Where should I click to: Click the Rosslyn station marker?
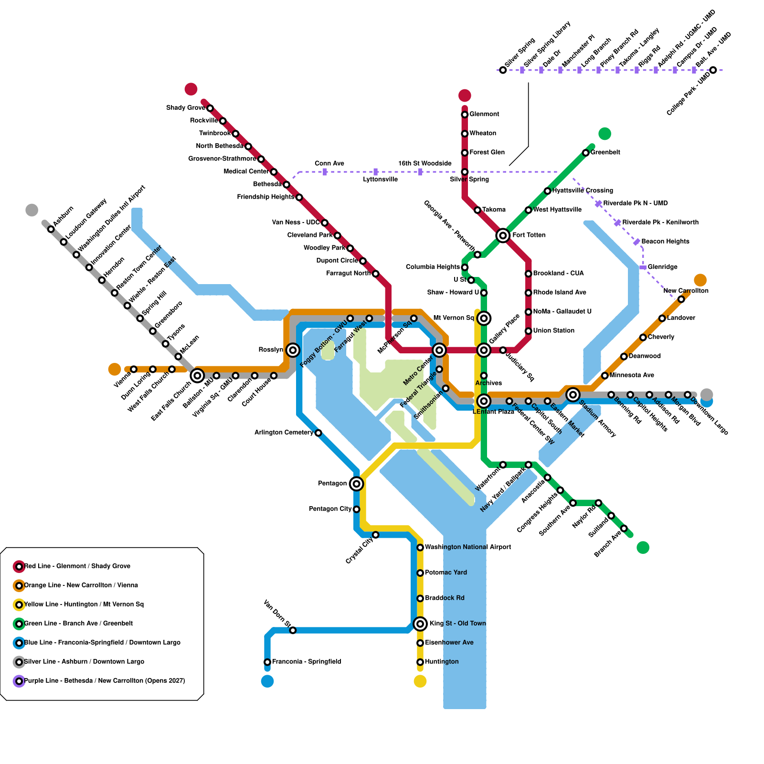pyautogui.click(x=293, y=350)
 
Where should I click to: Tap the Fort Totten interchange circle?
pyautogui.click(x=502, y=235)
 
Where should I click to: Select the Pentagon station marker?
pyautogui.click(x=356, y=484)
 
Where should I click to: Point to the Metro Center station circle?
pyautogui.click(x=439, y=350)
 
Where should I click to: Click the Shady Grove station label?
pyautogui.click(x=186, y=108)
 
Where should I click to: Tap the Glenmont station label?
pyautogui.click(x=484, y=114)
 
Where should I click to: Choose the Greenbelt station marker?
pyautogui.click(x=585, y=153)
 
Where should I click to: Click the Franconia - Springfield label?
pyautogui.click(x=306, y=662)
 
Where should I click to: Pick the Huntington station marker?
pyautogui.click(x=420, y=662)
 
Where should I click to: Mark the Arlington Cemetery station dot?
pyautogui.click(x=318, y=433)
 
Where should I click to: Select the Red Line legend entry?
pyautogui.click(x=77, y=566)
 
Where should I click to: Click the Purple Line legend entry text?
pyautogui.click(x=104, y=681)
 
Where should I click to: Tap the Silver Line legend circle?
pyautogui.click(x=19, y=662)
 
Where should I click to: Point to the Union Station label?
pyautogui.click(x=553, y=330)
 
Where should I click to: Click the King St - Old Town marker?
pyautogui.click(x=420, y=624)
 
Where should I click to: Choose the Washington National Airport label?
pyautogui.click(x=468, y=547)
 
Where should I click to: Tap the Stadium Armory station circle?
pyautogui.click(x=573, y=394)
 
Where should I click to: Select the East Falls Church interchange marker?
pyautogui.click(x=197, y=376)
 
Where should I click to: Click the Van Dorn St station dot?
pyautogui.click(x=293, y=630)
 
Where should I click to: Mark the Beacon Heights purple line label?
pyautogui.click(x=665, y=242)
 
